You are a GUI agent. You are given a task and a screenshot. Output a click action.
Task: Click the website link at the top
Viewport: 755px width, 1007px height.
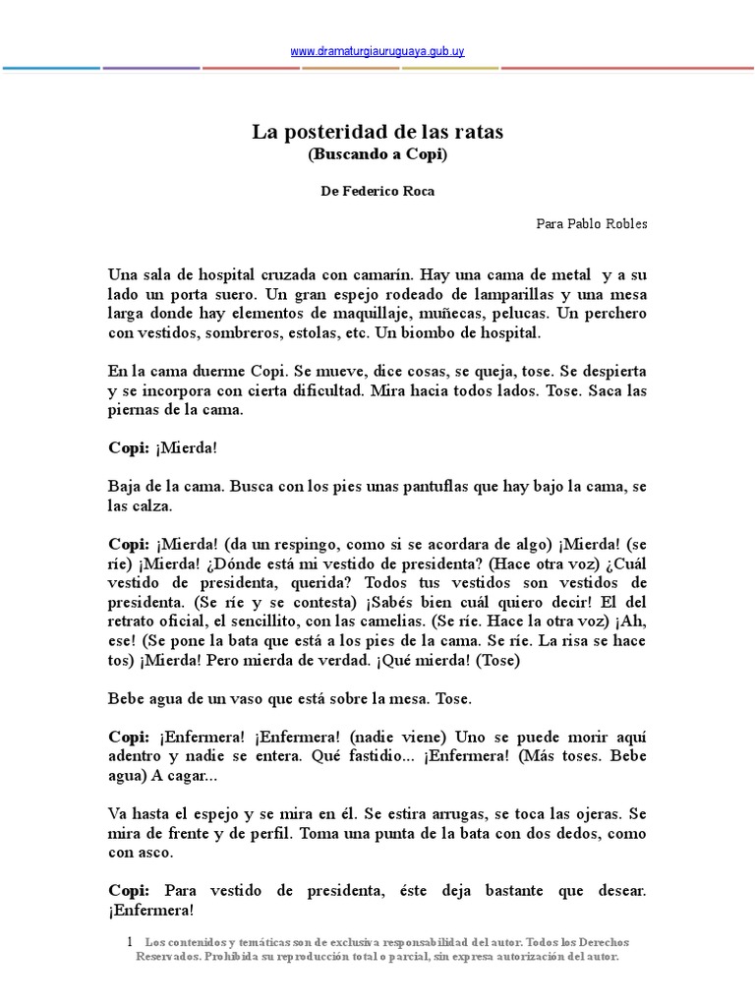[377, 51]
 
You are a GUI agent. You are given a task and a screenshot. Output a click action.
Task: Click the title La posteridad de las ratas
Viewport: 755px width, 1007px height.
[377, 132]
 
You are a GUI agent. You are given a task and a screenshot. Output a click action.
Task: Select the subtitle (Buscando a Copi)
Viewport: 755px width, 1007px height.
[377, 154]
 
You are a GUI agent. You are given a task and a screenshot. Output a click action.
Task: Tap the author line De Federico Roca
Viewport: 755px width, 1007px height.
[377, 192]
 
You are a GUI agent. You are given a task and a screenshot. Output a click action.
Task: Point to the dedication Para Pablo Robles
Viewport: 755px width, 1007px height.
[592, 223]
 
